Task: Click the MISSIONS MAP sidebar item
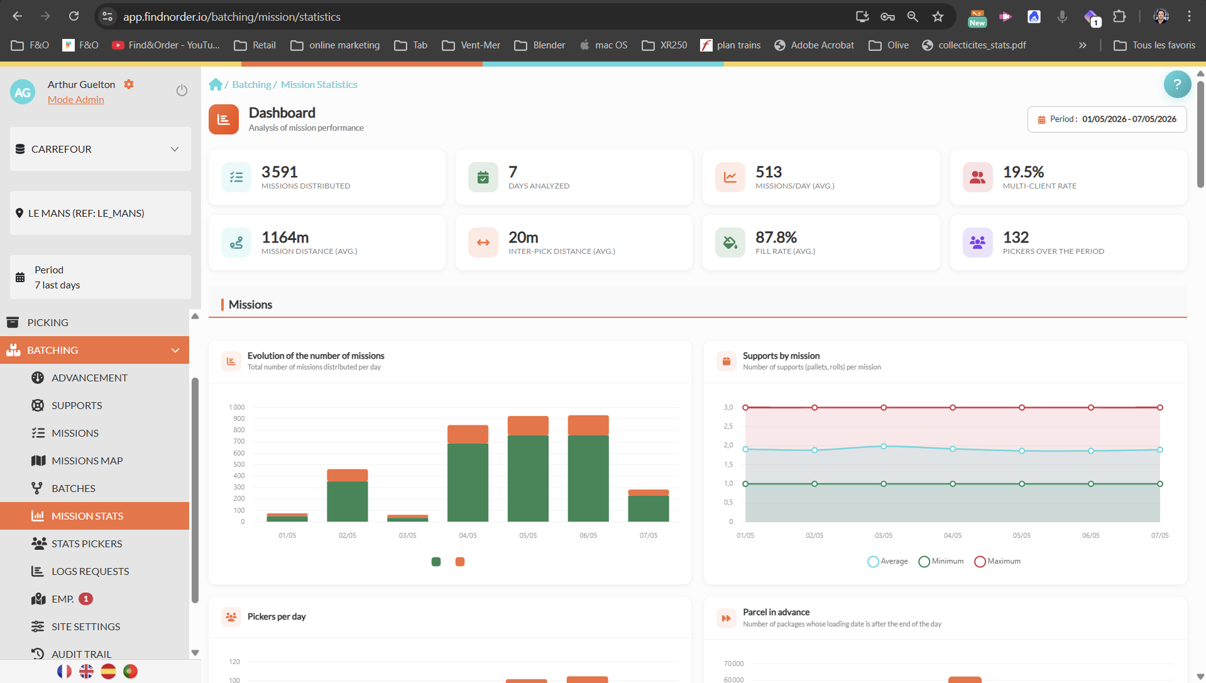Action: tap(87, 461)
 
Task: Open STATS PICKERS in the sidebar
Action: tap(87, 544)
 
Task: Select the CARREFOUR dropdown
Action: tap(101, 149)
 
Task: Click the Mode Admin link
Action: tap(76, 99)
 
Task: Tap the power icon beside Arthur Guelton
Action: tap(182, 90)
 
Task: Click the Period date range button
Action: tap(1107, 119)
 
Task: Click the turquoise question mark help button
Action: tap(1177, 84)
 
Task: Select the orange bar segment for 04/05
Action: tap(468, 434)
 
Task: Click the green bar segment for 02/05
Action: tap(348, 501)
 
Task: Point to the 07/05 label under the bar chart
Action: tap(649, 535)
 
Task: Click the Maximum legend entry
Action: tap(997, 561)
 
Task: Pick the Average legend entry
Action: tap(887, 561)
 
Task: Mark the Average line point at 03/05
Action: tap(884, 446)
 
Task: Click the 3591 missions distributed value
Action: tap(280, 172)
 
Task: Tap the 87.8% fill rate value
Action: tap(776, 237)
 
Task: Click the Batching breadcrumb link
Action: tap(251, 84)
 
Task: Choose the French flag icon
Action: tap(64, 671)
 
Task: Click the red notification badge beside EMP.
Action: tap(86, 599)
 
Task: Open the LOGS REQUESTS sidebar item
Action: tap(90, 571)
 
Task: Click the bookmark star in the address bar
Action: tap(938, 16)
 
